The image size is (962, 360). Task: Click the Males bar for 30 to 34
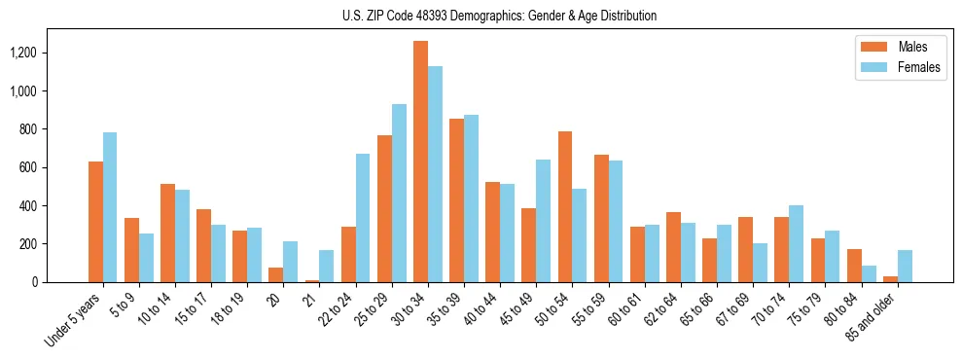[x=420, y=162]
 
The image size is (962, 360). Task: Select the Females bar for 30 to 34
[x=435, y=174]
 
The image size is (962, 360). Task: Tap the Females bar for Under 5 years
[x=110, y=207]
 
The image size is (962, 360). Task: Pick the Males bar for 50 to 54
[x=565, y=206]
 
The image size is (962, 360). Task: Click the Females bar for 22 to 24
[x=363, y=218]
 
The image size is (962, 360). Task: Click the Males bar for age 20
[x=276, y=274]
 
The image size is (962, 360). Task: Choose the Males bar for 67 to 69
[x=745, y=249]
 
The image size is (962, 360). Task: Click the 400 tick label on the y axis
[x=55, y=206]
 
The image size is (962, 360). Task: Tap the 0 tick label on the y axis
[x=63, y=282]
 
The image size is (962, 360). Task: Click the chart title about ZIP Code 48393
[x=499, y=16]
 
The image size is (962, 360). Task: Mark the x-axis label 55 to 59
[x=593, y=309]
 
